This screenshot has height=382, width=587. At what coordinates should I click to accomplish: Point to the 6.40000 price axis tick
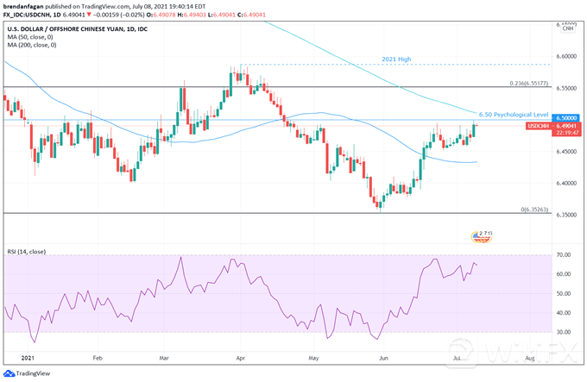pos(565,184)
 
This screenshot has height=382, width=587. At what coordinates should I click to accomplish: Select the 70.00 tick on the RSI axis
pos(565,255)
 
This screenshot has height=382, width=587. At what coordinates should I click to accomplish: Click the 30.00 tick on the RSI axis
pos(565,332)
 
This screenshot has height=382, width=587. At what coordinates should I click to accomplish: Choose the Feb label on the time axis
pos(96,355)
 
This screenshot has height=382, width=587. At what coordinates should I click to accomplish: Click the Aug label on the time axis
pos(529,355)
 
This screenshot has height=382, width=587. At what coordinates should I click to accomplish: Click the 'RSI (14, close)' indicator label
pos(29,252)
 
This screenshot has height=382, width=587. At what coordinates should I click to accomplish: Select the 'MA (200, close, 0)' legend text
pos(32,45)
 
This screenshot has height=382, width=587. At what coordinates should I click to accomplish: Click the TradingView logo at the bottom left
pos(29,373)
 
